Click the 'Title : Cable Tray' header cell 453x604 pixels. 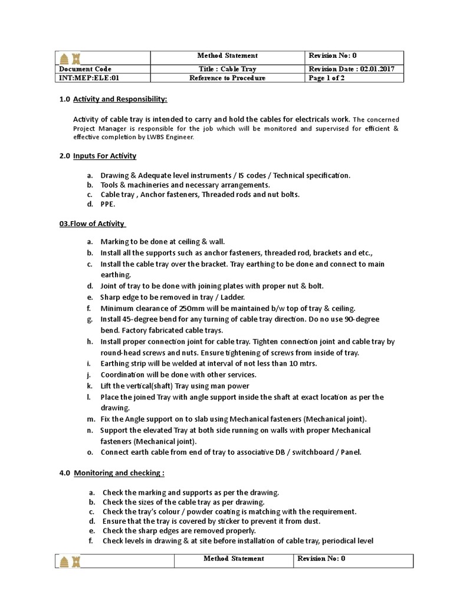pos(227,69)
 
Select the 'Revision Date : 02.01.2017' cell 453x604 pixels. pos(351,69)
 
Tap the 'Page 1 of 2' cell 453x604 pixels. pos(327,78)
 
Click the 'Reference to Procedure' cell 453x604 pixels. pos(227,78)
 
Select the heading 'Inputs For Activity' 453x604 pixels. pos(104,156)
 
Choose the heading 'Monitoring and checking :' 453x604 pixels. pos(119,472)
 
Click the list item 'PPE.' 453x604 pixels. pos(108,204)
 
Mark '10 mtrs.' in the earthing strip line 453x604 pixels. pos(303,363)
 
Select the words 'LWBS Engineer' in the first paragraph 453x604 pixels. pos(172,137)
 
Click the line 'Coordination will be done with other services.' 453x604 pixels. pos(178,375)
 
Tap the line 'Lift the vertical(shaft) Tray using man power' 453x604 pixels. pos(175,386)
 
